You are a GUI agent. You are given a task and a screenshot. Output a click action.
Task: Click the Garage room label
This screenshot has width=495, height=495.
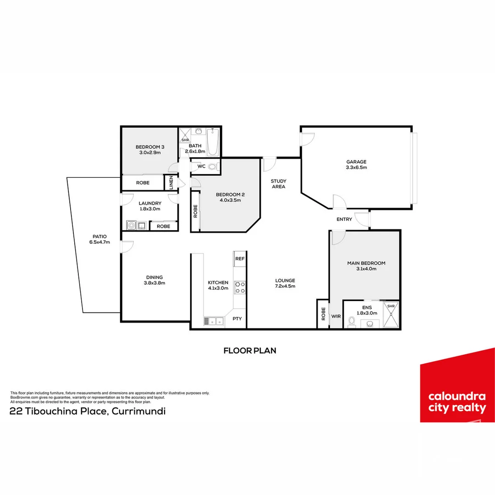click(x=357, y=162)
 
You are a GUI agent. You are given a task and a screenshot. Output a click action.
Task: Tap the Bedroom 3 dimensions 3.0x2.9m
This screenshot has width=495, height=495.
click(x=150, y=153)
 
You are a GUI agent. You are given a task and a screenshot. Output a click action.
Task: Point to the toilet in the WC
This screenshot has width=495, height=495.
click(x=213, y=166)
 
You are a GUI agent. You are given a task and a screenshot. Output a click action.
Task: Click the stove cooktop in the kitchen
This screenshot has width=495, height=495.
click(x=240, y=287)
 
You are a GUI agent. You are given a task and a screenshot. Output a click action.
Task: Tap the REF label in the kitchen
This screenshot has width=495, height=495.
click(x=240, y=258)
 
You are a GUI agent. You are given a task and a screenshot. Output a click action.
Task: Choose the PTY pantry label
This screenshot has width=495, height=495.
click(x=237, y=319)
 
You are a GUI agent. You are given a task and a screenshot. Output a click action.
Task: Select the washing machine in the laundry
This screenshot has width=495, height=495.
click(x=132, y=225)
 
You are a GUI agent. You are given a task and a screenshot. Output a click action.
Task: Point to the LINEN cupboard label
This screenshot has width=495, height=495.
click(x=171, y=182)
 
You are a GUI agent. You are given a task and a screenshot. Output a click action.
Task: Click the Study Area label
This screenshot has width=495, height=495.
click(x=279, y=184)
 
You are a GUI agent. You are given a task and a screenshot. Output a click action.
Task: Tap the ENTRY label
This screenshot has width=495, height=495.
click(x=344, y=219)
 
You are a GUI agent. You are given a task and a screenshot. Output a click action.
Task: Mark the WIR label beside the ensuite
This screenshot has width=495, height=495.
click(x=336, y=316)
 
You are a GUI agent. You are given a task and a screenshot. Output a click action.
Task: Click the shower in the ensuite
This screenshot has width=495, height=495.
click(x=391, y=315)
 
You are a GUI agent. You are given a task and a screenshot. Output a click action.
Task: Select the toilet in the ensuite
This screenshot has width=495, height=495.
click(x=352, y=322)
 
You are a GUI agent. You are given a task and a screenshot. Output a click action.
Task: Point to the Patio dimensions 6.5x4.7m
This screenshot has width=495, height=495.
click(x=99, y=242)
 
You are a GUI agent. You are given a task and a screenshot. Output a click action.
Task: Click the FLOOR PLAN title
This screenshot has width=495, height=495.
click(x=250, y=351)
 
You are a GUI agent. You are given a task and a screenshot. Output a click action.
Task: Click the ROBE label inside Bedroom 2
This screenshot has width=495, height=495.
click(x=195, y=211)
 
